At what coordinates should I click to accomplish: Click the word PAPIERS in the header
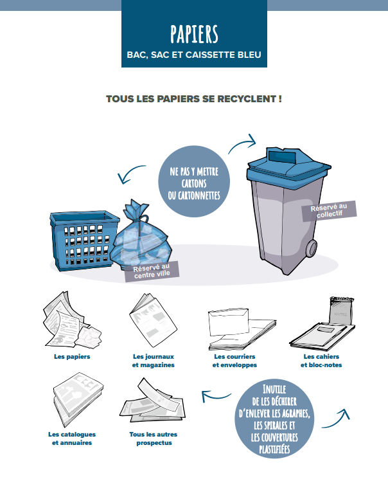[194, 34]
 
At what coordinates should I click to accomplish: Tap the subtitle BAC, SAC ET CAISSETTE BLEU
[194, 55]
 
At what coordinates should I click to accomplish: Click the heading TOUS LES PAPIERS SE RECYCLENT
[194, 99]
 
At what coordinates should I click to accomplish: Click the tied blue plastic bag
[141, 237]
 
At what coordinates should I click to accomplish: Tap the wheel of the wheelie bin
[312, 249]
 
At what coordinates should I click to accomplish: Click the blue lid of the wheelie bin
[288, 166]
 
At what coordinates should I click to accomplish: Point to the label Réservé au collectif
[330, 211]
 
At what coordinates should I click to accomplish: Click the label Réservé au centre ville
[152, 271]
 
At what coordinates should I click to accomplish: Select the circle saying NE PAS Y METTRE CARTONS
[194, 181]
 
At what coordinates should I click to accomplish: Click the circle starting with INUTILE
[274, 419]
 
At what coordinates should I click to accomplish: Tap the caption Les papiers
[72, 357]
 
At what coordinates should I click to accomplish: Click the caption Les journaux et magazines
[154, 361]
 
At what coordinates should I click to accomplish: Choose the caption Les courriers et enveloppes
[234, 361]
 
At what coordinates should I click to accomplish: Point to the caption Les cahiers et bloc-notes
[321, 361]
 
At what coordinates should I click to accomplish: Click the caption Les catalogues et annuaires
[72, 438]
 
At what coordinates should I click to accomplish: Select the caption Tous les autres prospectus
[154, 438]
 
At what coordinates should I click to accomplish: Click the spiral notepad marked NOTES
[342, 311]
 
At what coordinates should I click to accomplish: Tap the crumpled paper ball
[88, 337]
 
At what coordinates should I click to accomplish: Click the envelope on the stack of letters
[229, 322]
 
